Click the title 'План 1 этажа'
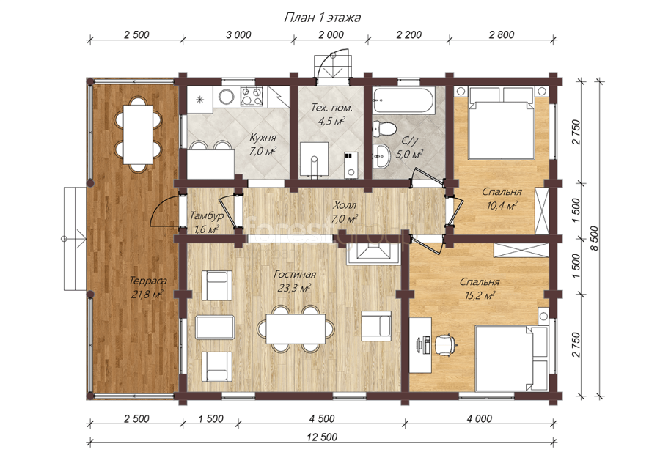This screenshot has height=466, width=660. pyautogui.click(x=323, y=18)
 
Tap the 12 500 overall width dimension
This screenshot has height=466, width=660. pyautogui.click(x=323, y=437)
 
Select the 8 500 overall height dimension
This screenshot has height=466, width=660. pyautogui.click(x=594, y=238)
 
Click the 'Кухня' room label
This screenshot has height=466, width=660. pyautogui.click(x=263, y=138)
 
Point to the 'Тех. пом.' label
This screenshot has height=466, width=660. pyautogui.click(x=331, y=108)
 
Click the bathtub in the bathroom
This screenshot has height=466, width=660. pyautogui.click(x=404, y=101)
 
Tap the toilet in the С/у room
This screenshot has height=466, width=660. pyautogui.click(x=384, y=128)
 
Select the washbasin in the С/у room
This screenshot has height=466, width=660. pyautogui.click(x=382, y=156)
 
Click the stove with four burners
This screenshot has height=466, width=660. pyautogui.click(x=252, y=96)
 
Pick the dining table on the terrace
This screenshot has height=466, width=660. pyautogui.click(x=138, y=135)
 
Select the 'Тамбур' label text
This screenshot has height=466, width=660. pyautogui.click(x=206, y=216)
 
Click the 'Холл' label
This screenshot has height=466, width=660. pyautogui.click(x=345, y=205)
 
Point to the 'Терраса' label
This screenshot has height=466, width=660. pyautogui.click(x=147, y=281)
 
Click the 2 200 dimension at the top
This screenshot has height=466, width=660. pyautogui.click(x=408, y=34)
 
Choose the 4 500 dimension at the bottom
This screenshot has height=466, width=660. pyautogui.click(x=322, y=418)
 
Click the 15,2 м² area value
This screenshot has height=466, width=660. pyautogui.click(x=480, y=296)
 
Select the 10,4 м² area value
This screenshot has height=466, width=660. pyautogui.click(x=502, y=206)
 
